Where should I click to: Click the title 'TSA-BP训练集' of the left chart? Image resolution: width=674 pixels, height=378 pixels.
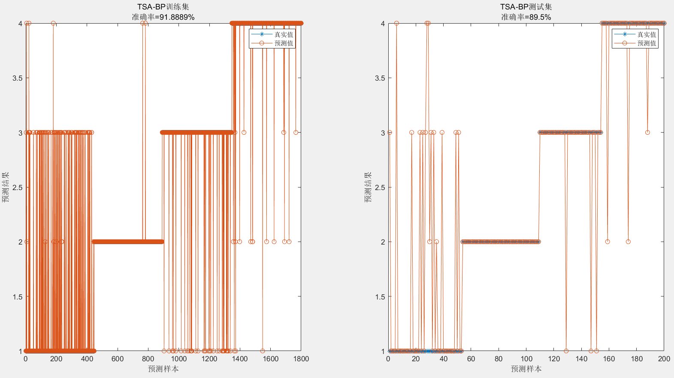click(163, 7)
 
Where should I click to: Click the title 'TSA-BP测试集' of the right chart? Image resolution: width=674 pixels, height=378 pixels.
click(526, 7)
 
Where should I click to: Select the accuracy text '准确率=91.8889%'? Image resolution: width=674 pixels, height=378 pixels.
click(163, 17)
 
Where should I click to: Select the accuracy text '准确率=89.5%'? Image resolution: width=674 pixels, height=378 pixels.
click(526, 17)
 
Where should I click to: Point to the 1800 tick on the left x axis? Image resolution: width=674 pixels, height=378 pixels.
click(301, 359)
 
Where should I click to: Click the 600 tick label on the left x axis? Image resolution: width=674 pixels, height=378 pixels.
click(117, 359)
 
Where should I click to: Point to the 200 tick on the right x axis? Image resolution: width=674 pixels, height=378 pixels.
click(664, 359)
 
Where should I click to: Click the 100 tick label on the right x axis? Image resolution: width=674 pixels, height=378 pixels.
click(526, 359)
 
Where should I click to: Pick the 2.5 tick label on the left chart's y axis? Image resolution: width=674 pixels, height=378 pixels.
click(17, 187)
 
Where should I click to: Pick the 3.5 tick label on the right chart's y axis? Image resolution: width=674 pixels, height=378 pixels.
click(380, 78)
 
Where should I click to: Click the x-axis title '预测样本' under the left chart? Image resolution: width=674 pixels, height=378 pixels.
click(163, 369)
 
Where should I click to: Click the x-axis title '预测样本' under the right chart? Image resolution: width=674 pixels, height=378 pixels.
click(526, 369)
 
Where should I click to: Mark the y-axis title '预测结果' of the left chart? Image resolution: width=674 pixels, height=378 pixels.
click(6, 187)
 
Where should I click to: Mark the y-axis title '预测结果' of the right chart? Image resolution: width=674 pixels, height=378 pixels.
click(368, 187)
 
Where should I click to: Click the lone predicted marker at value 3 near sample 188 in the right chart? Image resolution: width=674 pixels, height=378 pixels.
click(647, 133)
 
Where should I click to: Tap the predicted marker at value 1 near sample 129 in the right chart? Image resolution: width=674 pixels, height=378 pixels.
click(566, 351)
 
